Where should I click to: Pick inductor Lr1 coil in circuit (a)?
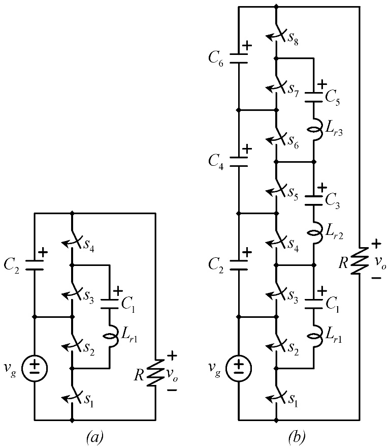[x=110, y=336]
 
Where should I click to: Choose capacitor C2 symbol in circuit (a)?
[x=34, y=264]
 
